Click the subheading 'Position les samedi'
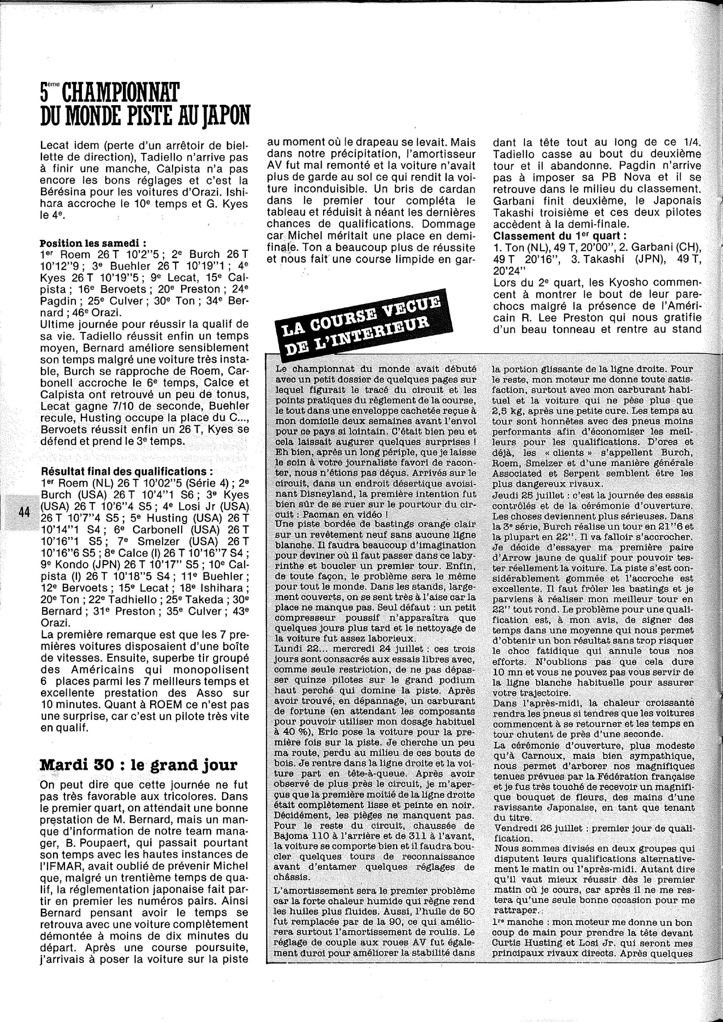coord(93,244)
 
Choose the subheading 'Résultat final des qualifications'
coord(127,471)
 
